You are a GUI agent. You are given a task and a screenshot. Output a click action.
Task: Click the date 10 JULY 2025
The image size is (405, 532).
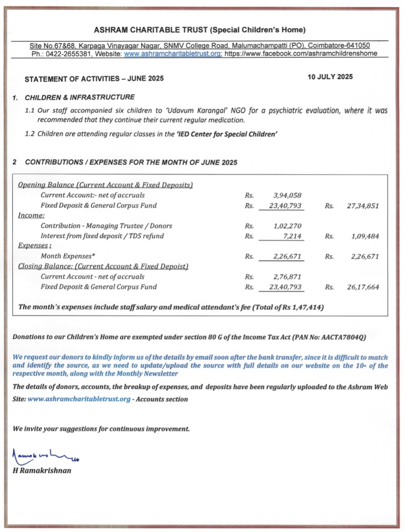click(330, 77)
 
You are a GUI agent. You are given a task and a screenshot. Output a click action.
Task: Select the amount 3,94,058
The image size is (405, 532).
click(287, 195)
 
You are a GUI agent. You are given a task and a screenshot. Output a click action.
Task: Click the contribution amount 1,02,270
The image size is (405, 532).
click(287, 226)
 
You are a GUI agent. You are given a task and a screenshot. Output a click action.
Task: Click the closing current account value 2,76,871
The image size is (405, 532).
click(287, 276)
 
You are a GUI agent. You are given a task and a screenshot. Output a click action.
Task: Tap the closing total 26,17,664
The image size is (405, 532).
click(363, 287)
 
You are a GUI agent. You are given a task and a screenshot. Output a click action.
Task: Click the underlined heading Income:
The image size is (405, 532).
click(31, 215)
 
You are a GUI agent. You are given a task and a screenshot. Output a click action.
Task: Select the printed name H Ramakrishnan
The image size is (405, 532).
click(42, 471)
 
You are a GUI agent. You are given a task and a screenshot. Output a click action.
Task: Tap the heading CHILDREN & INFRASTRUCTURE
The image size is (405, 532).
click(80, 97)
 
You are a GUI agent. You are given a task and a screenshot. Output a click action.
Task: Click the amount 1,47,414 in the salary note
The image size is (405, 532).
click(308, 307)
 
